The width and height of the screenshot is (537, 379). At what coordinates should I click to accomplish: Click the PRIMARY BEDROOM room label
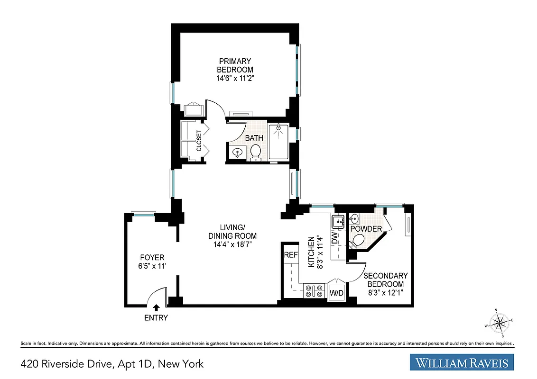pyautogui.click(x=235, y=65)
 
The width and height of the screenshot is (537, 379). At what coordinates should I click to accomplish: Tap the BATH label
pyautogui.click(x=254, y=138)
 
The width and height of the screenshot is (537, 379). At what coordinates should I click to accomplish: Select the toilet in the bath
pyautogui.click(x=256, y=152)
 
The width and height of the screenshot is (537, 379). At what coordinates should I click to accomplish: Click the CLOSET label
pyautogui.click(x=199, y=141)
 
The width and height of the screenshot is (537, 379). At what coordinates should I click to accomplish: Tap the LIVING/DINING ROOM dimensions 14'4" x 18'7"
pyautogui.click(x=232, y=244)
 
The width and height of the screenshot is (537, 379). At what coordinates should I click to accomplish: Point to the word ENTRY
pyautogui.click(x=156, y=318)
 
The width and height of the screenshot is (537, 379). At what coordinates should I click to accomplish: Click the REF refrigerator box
pyautogui.click(x=290, y=255)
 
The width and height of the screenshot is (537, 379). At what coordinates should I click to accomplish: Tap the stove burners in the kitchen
pyautogui.click(x=314, y=290)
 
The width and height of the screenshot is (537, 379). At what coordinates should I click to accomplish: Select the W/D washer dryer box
pyautogui.click(x=336, y=293)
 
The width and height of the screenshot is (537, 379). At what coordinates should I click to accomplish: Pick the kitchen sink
pyautogui.click(x=338, y=221)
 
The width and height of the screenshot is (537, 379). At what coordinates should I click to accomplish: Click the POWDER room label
pyautogui.click(x=366, y=229)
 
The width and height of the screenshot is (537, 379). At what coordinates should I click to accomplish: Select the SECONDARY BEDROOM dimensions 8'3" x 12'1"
pyautogui.click(x=386, y=293)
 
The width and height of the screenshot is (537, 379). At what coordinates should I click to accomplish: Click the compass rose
pyautogui.click(x=500, y=323)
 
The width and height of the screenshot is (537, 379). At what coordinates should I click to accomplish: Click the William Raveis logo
pyautogui.click(x=462, y=363)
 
